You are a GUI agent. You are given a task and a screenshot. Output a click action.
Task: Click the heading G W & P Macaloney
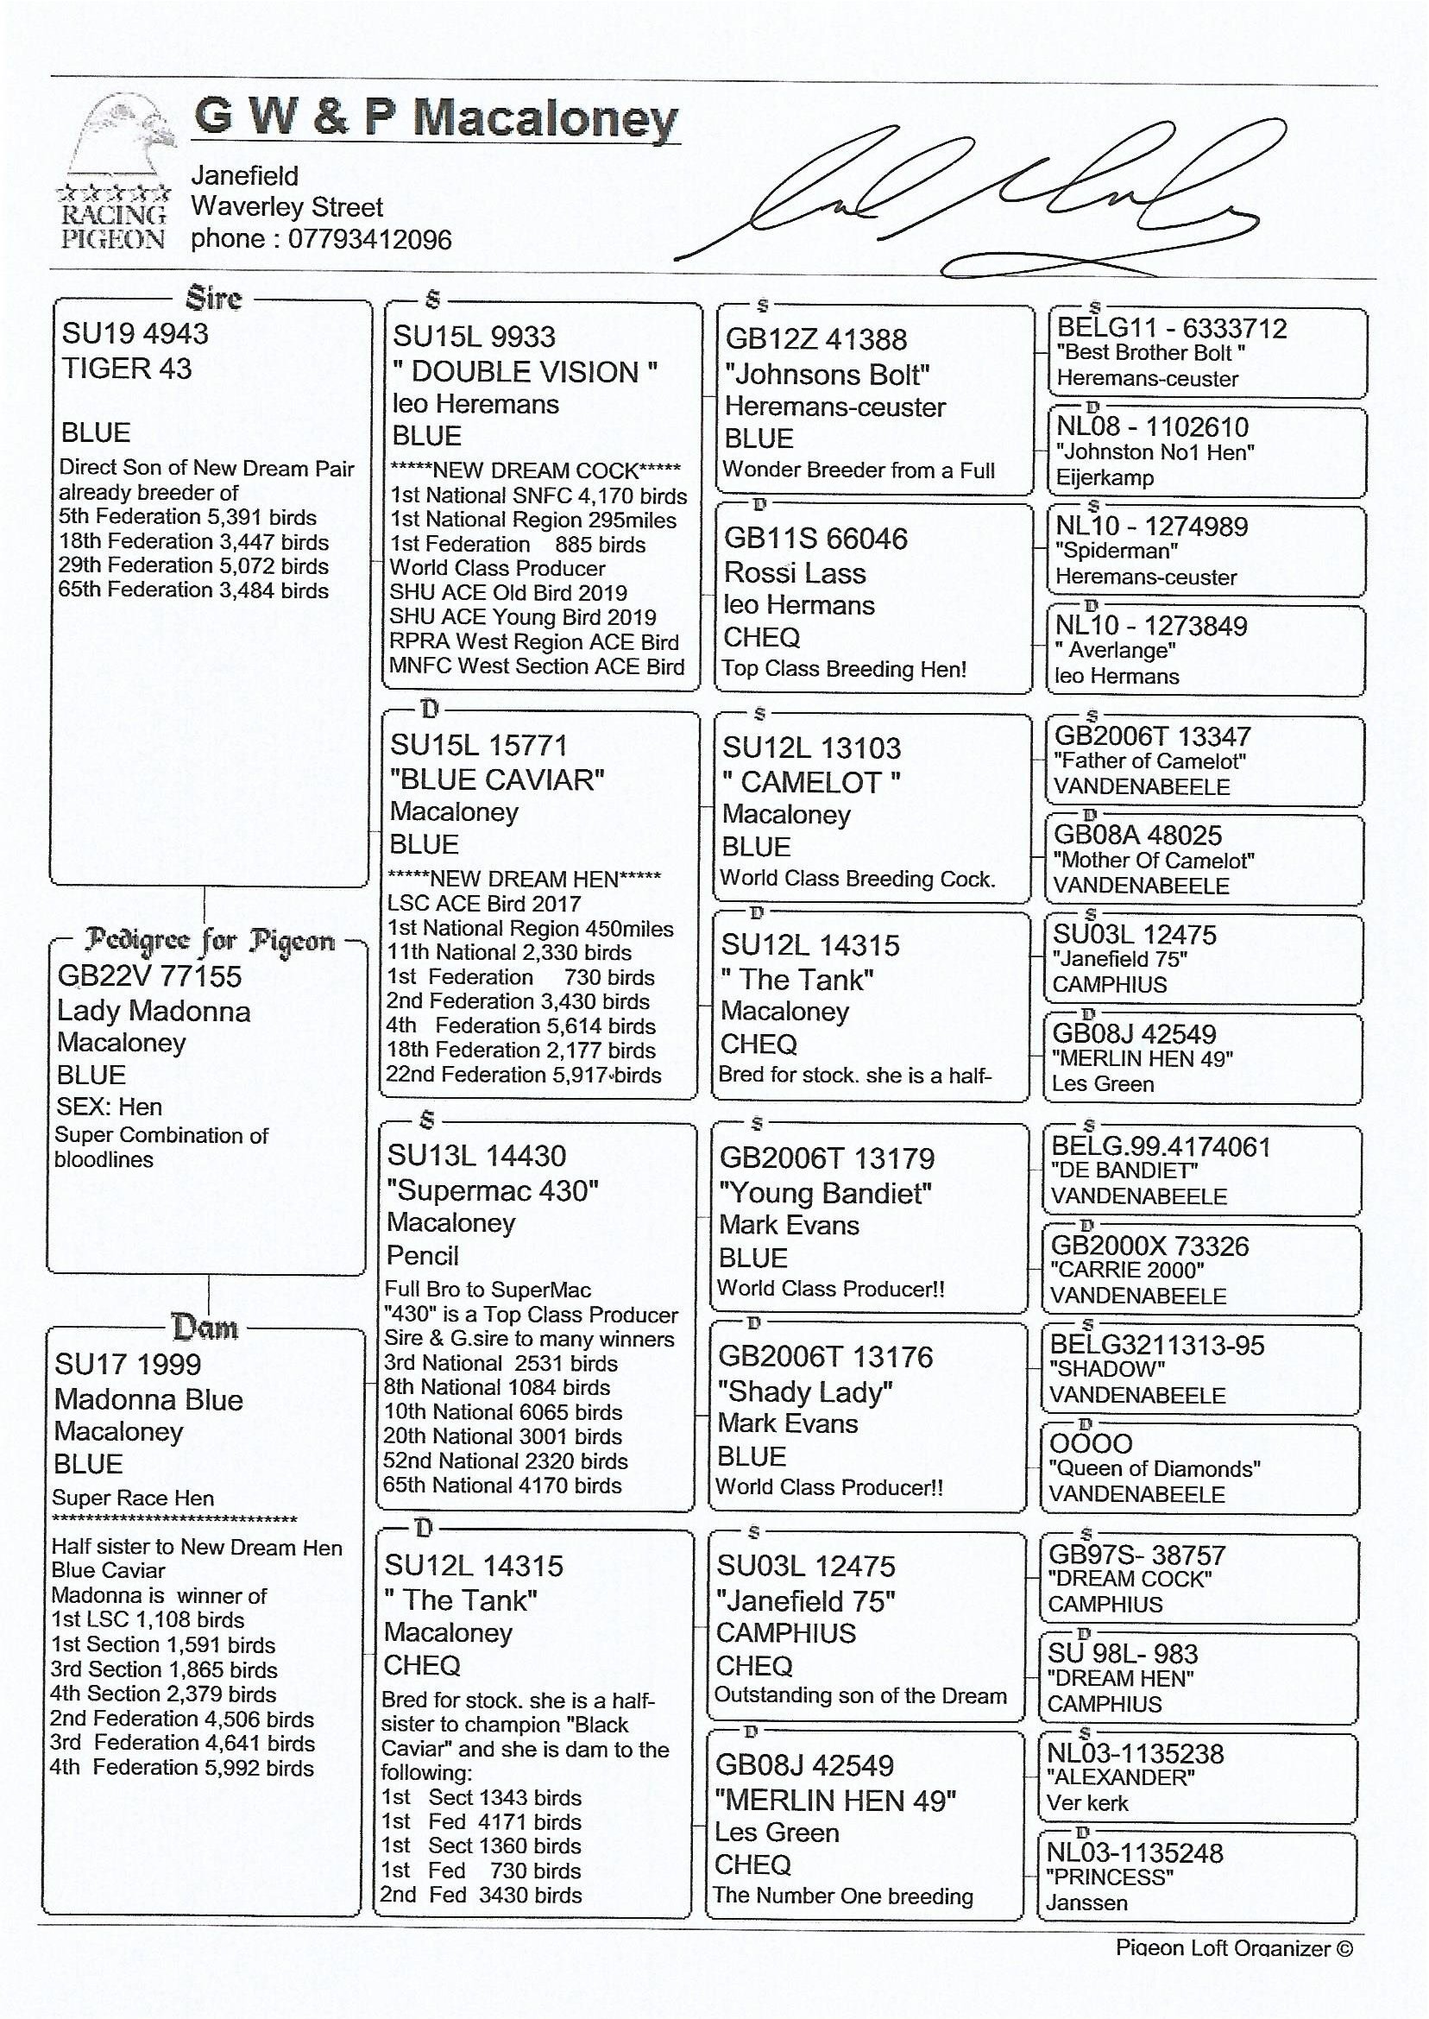point(436,117)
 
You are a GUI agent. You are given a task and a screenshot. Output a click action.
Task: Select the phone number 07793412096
point(369,239)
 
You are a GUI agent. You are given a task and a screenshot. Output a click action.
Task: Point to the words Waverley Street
point(286,207)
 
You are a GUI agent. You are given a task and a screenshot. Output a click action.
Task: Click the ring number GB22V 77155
point(148,975)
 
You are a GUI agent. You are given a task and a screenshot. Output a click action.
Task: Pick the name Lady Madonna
point(153,1011)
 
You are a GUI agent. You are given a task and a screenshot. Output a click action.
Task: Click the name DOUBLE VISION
point(525,372)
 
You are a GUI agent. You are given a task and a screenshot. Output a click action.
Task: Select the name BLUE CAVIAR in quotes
point(497,779)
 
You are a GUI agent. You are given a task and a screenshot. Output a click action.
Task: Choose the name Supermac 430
point(492,1191)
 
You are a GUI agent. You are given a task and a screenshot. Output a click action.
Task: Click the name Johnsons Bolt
point(827,375)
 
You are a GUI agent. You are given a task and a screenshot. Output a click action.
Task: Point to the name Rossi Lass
point(795,573)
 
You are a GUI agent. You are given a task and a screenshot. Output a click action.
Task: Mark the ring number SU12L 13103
point(811,748)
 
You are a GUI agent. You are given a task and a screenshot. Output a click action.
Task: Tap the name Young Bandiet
point(824,1194)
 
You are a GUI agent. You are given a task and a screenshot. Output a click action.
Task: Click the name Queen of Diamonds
point(1154,1469)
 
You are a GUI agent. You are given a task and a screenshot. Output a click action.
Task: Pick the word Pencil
point(422,1255)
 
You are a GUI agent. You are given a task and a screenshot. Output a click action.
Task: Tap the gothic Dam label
point(205,1327)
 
